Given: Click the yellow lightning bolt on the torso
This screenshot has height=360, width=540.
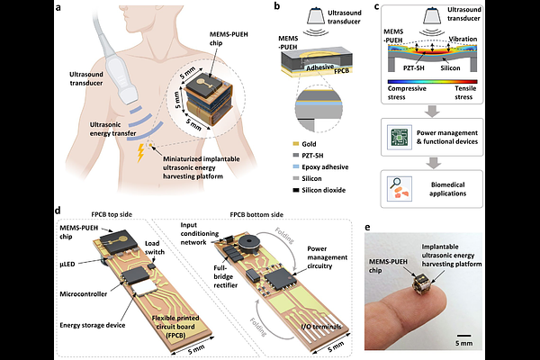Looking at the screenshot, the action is (140, 153).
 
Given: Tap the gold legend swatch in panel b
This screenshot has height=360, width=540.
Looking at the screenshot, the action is (295, 144).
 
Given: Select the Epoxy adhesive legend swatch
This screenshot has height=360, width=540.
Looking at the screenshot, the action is (295, 167).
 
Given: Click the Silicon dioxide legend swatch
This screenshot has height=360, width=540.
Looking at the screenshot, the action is (295, 190).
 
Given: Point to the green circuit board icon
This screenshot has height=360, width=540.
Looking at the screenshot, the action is (400, 138).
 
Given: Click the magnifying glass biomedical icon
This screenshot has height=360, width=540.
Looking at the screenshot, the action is (400, 189).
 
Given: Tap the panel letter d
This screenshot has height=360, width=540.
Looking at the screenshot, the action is (58, 211).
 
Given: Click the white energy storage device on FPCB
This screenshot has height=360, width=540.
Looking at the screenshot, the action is (144, 287).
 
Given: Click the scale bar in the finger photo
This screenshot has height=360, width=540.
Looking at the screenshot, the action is (463, 335).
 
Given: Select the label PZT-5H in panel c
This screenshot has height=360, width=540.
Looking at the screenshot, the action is (414, 68).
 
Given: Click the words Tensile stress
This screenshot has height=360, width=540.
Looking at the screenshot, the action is (464, 93).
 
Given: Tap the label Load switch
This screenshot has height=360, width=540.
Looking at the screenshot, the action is (154, 247).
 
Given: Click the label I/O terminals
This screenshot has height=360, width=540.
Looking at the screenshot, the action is (321, 326).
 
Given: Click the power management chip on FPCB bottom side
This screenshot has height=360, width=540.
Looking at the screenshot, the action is (280, 279).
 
